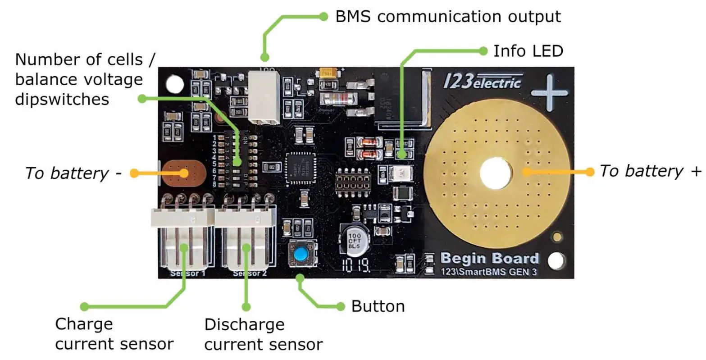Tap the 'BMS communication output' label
(448, 17)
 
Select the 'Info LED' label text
(528, 51)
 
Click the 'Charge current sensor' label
(114, 334)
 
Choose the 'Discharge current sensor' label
(263, 334)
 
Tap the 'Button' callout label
(378, 306)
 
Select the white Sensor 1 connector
(182, 239)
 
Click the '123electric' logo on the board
(482, 82)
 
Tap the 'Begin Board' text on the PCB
(489, 258)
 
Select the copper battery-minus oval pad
(183, 173)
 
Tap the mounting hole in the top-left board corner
(175, 84)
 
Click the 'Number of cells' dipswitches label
(79, 79)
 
